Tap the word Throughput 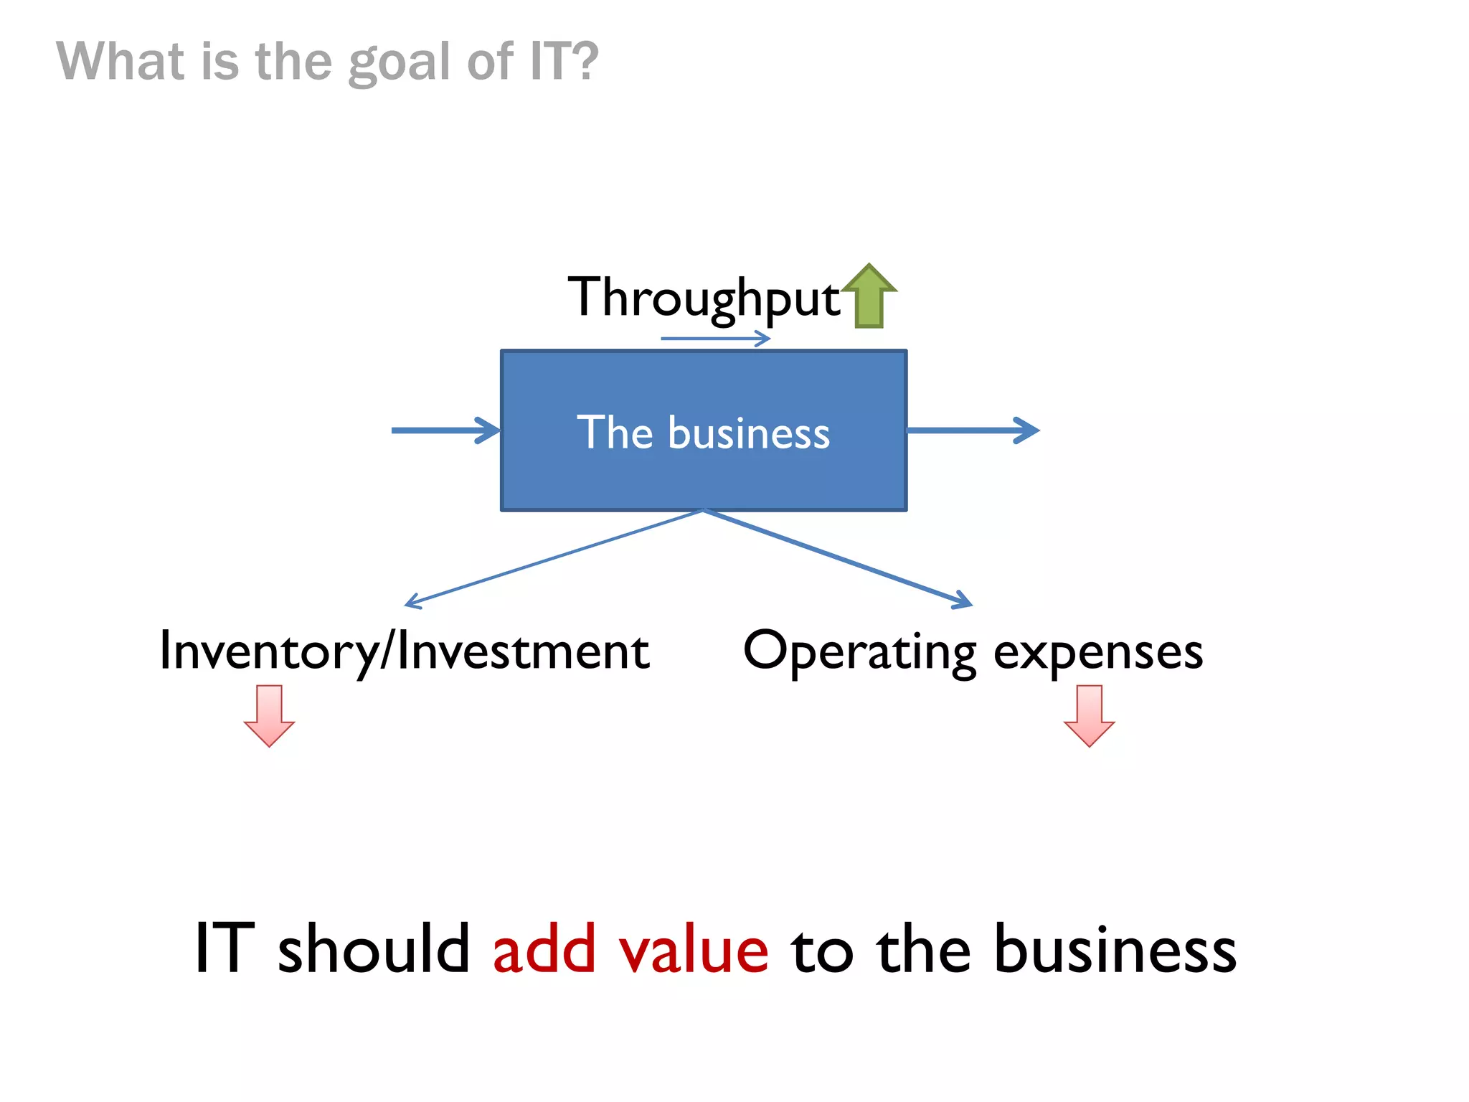[703, 298]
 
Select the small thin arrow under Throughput [715, 339]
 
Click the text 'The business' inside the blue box [703, 432]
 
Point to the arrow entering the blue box [445, 430]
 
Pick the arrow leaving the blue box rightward [972, 430]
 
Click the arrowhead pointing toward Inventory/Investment [413, 602]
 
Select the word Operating [859, 651]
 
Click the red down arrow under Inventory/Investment [269, 716]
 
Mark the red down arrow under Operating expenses [1089, 716]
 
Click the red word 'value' [694, 948]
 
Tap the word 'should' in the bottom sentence [373, 948]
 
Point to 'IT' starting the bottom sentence [225, 948]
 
